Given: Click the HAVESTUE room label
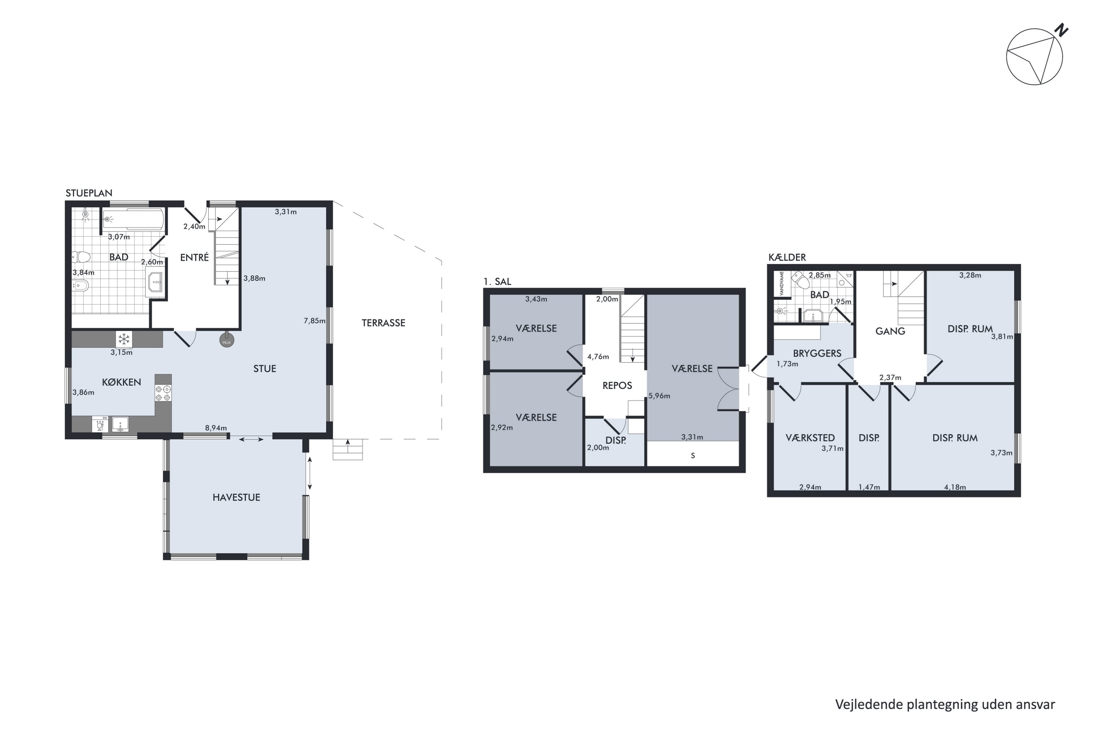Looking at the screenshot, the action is tap(236, 497).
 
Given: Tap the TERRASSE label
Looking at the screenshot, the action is tap(383, 323).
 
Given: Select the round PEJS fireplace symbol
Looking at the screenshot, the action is tap(226, 340).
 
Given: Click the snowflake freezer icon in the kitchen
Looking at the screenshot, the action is tap(124, 339).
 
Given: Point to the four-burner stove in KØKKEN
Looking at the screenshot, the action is tap(163, 393).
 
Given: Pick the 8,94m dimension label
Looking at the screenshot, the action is tap(216, 428).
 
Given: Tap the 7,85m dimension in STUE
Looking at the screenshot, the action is tap(314, 320).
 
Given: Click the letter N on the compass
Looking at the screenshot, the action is tap(1060, 30).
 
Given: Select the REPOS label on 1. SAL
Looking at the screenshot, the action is tap(617, 385).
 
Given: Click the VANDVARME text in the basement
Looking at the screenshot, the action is tap(782, 284).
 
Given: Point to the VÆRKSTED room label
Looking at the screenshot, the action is tap(810, 438).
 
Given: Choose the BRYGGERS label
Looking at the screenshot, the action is tap(817, 353).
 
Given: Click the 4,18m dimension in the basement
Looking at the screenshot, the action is tap(955, 487).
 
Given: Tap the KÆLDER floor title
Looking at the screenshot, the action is tap(787, 257).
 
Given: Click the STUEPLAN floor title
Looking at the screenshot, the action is tap(89, 193).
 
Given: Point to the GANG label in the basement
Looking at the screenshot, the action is tap(890, 331).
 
